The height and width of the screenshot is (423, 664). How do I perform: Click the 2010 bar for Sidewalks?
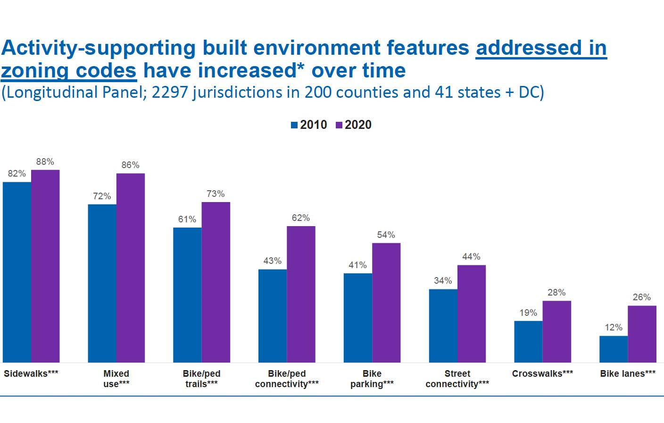tap(17, 272)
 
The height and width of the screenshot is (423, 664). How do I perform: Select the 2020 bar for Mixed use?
tap(131, 268)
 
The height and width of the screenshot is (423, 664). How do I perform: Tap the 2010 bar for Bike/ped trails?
tap(187, 295)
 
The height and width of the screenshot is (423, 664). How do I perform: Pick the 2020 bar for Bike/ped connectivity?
tap(301, 294)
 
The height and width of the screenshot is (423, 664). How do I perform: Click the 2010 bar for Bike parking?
tap(357, 318)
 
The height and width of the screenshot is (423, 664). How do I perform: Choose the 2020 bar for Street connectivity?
tap(472, 313)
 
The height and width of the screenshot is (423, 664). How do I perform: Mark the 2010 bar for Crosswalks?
tap(528, 342)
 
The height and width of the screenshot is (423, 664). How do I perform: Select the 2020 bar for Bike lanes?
tap(642, 334)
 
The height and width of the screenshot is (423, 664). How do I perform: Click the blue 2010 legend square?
tap(294, 125)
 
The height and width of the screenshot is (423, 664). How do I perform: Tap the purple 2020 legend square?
tap(339, 125)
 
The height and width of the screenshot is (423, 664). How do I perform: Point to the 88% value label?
tap(45, 161)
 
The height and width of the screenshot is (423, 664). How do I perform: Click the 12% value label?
tap(614, 327)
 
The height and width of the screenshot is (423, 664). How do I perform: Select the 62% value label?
tap(301, 218)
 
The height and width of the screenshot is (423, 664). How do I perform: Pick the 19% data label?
tap(528, 313)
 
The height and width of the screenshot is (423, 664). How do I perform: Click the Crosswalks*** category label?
tap(542, 373)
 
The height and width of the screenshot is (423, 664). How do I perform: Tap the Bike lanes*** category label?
tap(628, 373)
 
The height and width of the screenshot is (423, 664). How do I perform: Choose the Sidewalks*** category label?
tap(31, 373)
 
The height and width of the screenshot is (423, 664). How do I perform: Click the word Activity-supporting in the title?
tap(99, 48)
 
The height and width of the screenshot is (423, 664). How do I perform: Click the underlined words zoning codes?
tap(69, 71)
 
